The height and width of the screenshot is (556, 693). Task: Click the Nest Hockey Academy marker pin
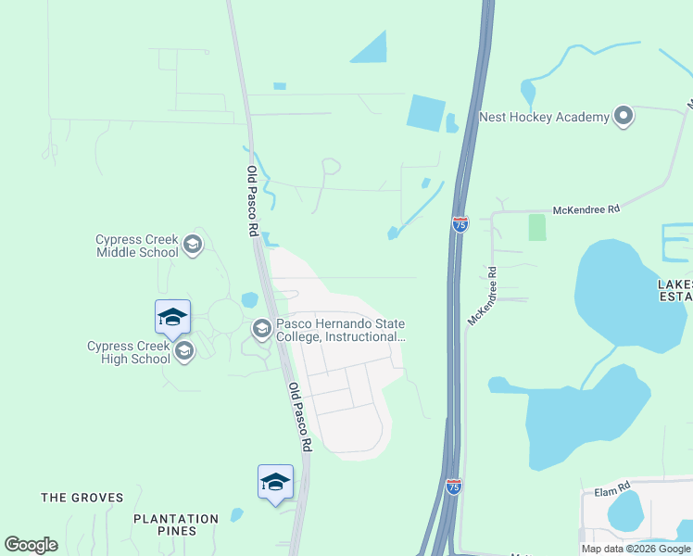(x=624, y=117)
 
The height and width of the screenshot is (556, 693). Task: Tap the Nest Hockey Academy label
(x=544, y=118)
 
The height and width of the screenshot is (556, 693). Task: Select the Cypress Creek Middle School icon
(x=193, y=245)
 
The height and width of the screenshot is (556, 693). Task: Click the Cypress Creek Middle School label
(x=137, y=246)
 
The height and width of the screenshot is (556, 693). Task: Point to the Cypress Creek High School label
(x=129, y=352)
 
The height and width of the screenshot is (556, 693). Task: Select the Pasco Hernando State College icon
(x=261, y=328)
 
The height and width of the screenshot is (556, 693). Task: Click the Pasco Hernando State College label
(x=341, y=330)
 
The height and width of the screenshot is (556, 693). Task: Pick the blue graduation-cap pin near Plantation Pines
(x=275, y=482)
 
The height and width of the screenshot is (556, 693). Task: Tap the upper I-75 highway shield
(x=460, y=223)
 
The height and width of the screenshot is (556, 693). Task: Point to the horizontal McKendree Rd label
(x=586, y=210)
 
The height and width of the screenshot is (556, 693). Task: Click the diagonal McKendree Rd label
(x=483, y=297)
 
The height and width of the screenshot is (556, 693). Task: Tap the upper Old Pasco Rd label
(x=251, y=201)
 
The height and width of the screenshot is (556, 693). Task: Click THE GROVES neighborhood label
(x=82, y=498)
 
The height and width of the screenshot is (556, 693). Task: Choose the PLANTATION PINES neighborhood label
(x=176, y=524)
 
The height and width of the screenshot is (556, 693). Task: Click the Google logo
(x=31, y=545)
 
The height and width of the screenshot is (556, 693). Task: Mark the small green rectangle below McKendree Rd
(x=537, y=227)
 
